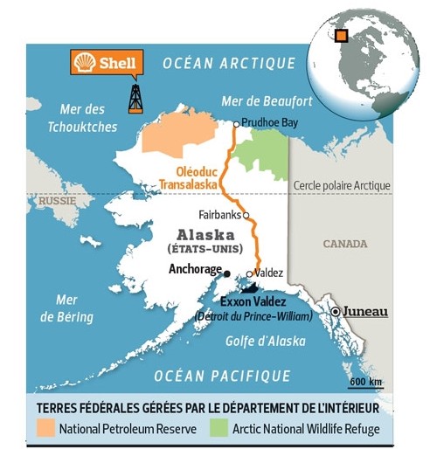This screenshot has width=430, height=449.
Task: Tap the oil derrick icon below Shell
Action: [x=135, y=98]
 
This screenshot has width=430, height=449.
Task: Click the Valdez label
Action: [x=269, y=273]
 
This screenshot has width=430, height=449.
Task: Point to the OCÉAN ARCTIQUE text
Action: [x=230, y=62]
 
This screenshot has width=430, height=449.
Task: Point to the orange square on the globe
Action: [x=342, y=35]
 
